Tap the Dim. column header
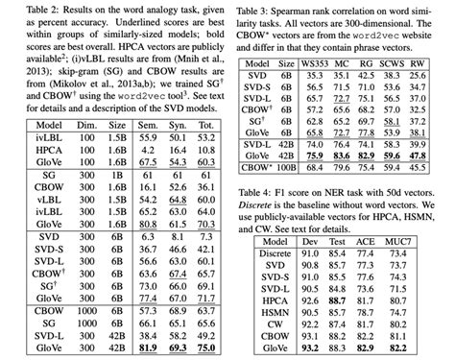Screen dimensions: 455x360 (82, 126)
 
